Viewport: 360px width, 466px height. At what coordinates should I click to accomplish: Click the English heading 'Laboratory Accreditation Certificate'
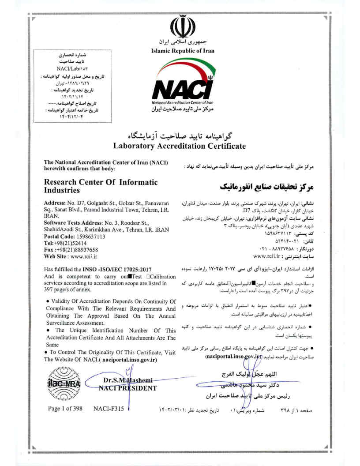coord(180,145)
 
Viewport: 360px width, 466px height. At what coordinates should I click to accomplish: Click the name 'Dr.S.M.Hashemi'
coord(128,380)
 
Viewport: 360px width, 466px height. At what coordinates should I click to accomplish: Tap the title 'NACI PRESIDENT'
coord(128,388)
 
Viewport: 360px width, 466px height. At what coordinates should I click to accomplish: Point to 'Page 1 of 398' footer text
coord(65,409)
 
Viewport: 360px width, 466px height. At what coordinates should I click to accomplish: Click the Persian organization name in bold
coord(266,185)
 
